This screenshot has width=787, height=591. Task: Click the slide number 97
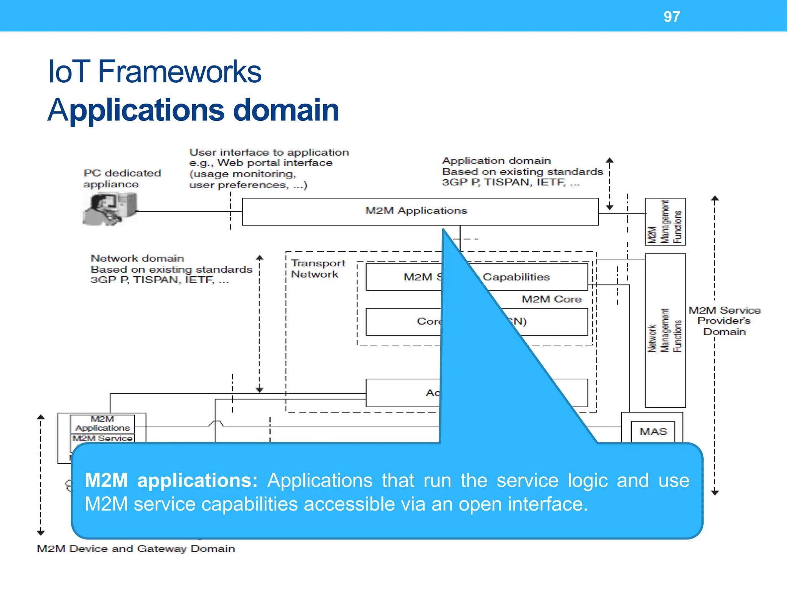click(x=672, y=17)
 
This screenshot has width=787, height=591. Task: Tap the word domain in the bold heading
click(x=286, y=110)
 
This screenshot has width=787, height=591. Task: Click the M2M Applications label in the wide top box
click(x=416, y=210)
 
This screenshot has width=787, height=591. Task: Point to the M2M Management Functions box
click(x=665, y=222)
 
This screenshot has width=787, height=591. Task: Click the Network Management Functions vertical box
click(x=665, y=330)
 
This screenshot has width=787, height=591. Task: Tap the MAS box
click(x=653, y=431)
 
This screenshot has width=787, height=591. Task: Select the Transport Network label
click(x=317, y=269)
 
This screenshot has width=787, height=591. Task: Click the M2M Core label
click(x=551, y=299)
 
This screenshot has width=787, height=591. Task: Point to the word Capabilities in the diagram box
click(x=516, y=277)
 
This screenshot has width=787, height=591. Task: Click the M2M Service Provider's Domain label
click(x=724, y=321)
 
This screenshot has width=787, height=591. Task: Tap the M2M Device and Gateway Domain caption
click(x=136, y=549)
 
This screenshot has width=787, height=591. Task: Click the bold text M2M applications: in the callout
click(x=171, y=481)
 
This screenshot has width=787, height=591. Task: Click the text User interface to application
click(x=269, y=152)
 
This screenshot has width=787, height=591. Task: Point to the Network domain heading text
click(x=137, y=258)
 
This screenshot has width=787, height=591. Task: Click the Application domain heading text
click(x=496, y=161)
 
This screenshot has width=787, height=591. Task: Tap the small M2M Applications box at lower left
click(x=103, y=423)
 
